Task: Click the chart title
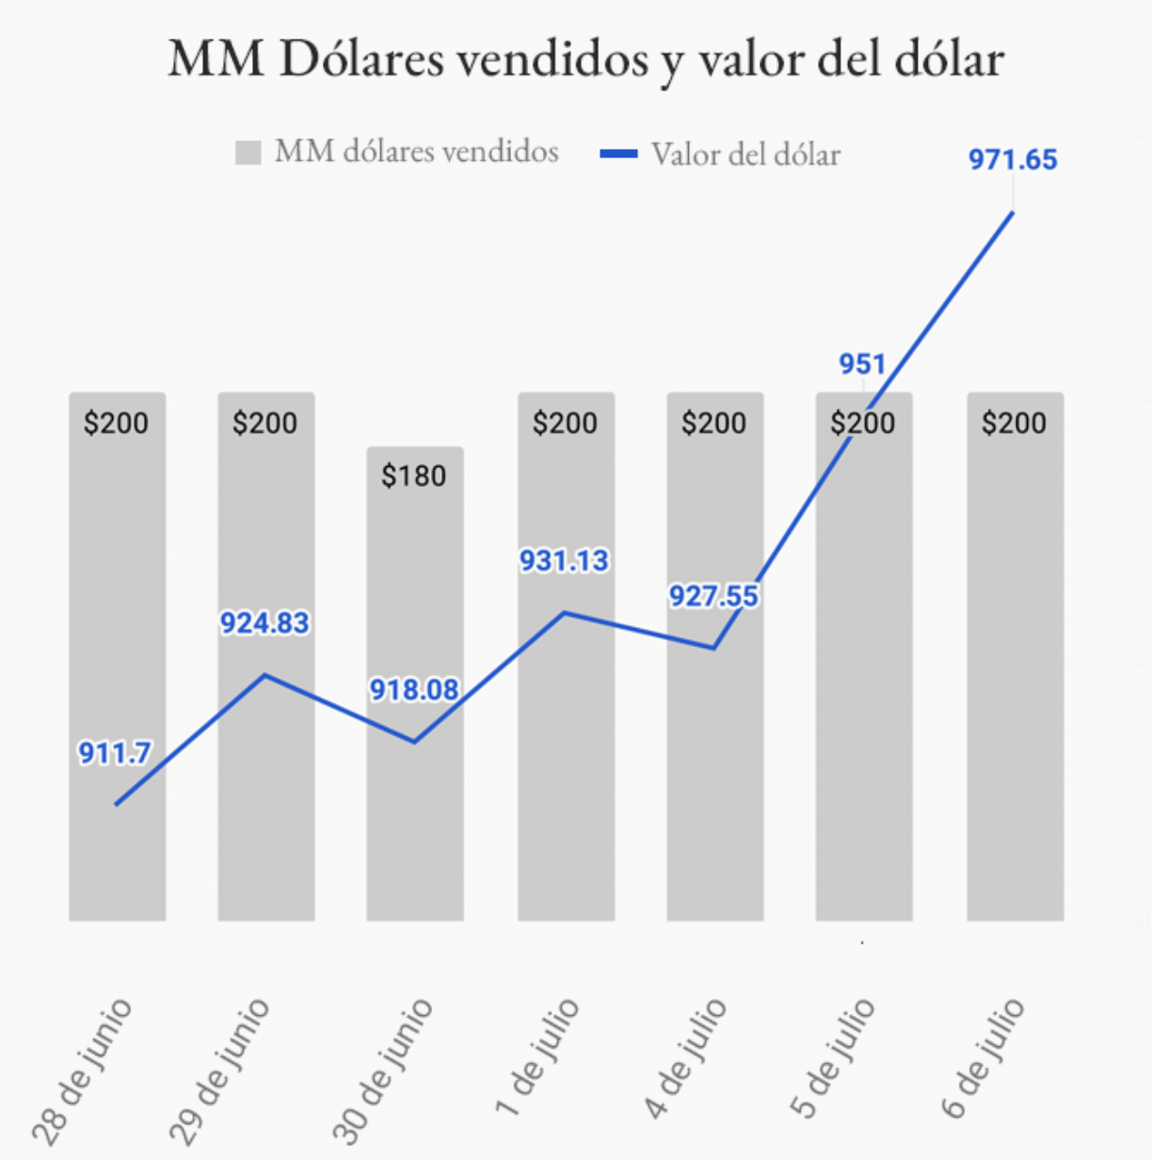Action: (x=585, y=58)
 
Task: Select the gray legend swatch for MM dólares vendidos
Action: (x=248, y=153)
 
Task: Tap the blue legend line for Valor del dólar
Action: (x=618, y=153)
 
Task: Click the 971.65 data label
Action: (x=1013, y=159)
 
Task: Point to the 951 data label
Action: (x=862, y=363)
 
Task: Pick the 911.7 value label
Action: (x=114, y=752)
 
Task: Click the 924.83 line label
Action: (x=264, y=622)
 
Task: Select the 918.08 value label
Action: (x=413, y=689)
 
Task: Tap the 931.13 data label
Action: (x=564, y=560)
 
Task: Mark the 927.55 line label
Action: (x=713, y=595)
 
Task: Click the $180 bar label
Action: (x=413, y=475)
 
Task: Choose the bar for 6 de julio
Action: (x=1015, y=659)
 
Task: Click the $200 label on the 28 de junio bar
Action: (x=116, y=422)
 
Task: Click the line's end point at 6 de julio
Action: (x=1013, y=212)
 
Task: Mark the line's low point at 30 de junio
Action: (x=414, y=742)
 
